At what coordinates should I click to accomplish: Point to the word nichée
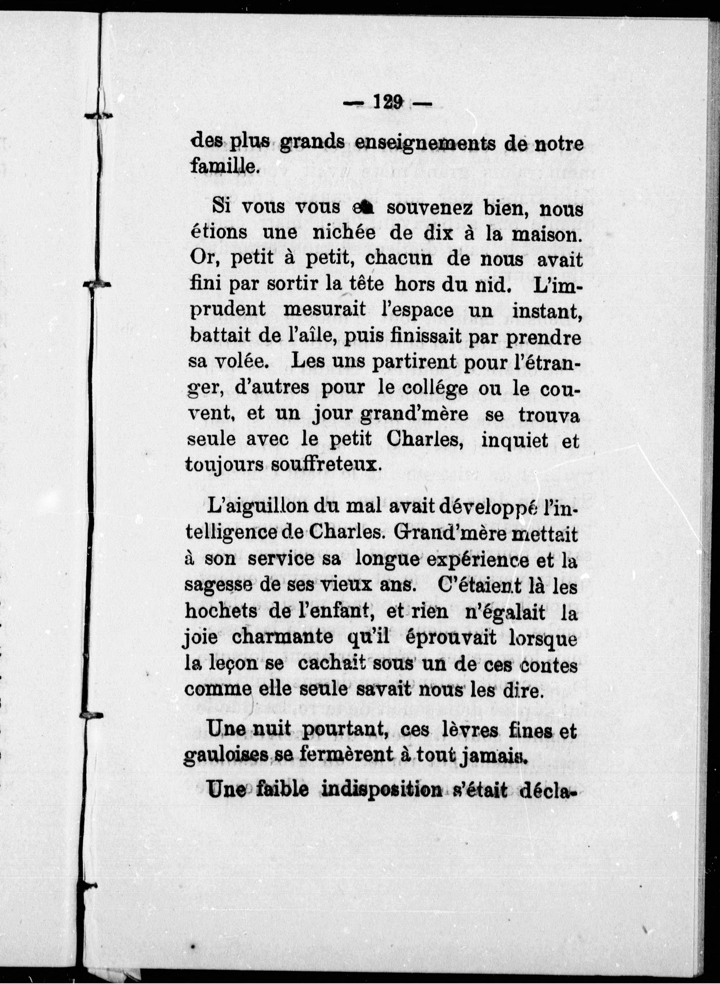click(344, 233)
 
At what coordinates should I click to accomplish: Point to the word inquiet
click(515, 441)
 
